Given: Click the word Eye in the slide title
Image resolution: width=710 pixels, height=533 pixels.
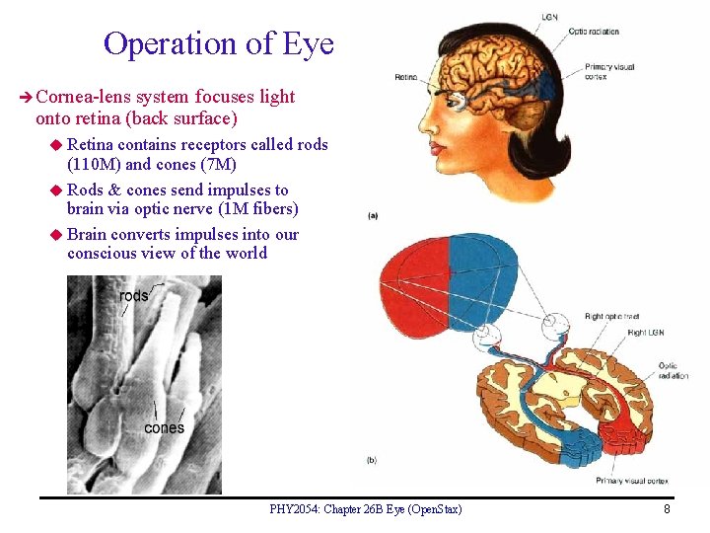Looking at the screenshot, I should [x=308, y=44].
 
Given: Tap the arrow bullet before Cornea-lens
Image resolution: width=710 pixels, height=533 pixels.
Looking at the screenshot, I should [x=26, y=97].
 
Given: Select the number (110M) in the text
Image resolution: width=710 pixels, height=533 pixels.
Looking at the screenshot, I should [x=94, y=164].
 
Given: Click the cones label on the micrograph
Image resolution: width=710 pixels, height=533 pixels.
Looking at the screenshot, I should [x=164, y=427].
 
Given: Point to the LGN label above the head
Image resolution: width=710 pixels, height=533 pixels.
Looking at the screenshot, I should [x=548, y=17].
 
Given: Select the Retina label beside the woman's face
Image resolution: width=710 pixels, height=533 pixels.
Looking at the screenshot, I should [x=405, y=76].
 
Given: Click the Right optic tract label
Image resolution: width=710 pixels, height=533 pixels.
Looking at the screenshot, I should [x=607, y=317].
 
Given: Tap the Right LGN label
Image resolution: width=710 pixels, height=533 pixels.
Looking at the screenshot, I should [x=645, y=333].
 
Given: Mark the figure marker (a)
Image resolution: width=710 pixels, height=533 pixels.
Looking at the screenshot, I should [x=373, y=215].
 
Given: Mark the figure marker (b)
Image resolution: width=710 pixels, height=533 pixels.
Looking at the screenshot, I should [x=372, y=460].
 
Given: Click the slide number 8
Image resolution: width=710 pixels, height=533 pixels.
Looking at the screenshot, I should [x=667, y=509].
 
